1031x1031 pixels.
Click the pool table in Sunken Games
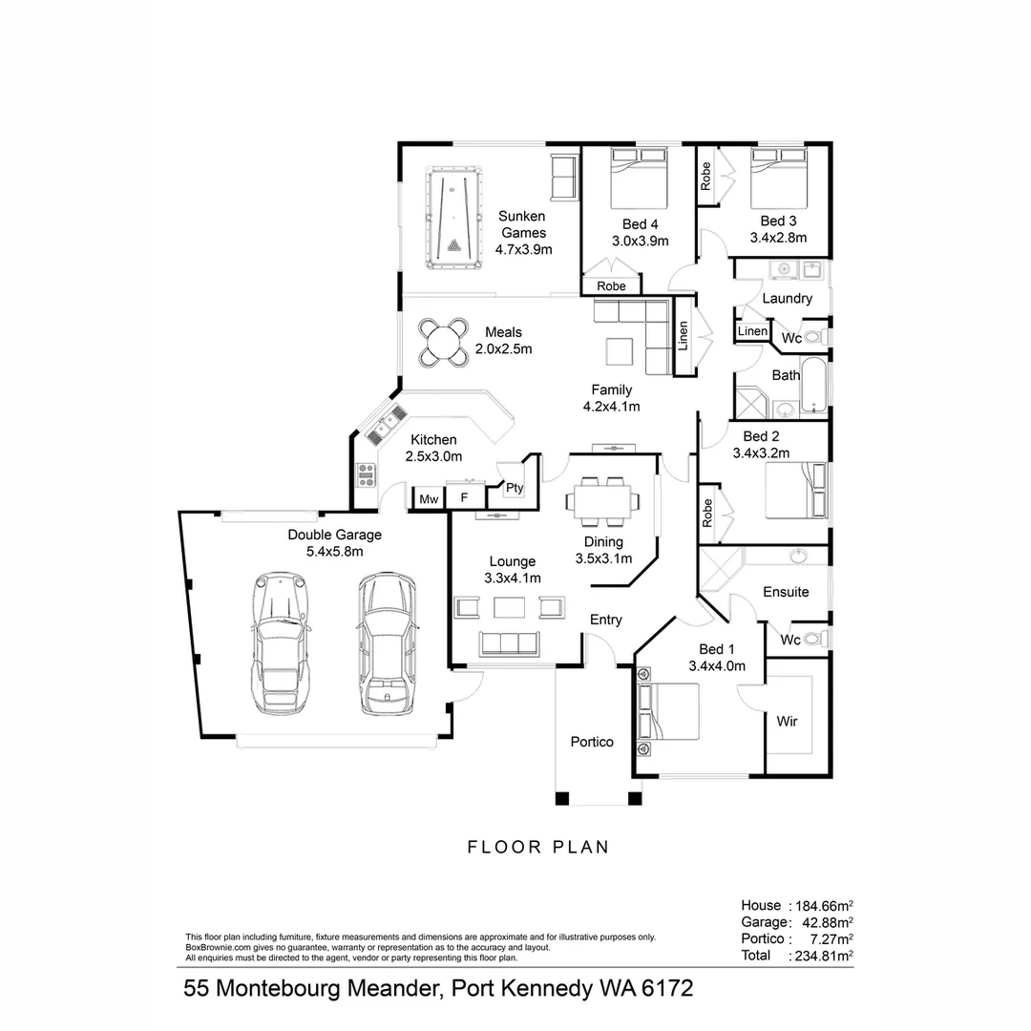453,221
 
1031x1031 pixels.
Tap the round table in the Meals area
442,342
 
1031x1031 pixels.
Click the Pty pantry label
515,488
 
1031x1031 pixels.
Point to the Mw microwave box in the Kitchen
429,498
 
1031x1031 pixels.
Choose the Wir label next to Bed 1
787,721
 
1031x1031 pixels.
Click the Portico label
592,742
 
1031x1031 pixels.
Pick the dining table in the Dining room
602,501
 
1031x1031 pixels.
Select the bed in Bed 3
780,178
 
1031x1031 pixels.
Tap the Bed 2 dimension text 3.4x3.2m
760,453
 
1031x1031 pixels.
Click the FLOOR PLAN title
537,847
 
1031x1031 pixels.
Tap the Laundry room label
787,299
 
